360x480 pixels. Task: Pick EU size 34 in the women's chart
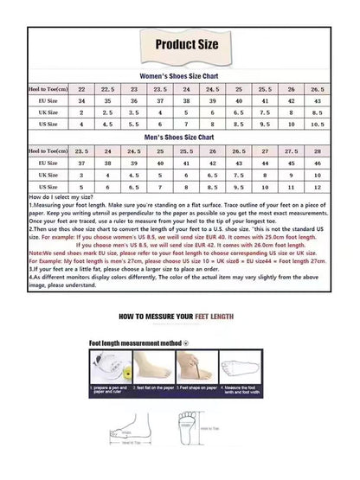click(81, 100)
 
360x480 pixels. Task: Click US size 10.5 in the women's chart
click(317, 125)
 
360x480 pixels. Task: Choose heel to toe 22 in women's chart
click(81, 88)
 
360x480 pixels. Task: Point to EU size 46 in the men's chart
click(317, 162)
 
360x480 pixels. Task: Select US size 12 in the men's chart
click(317, 186)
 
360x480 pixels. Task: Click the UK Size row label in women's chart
click(48, 113)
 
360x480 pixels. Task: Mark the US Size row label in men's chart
click(48, 186)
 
